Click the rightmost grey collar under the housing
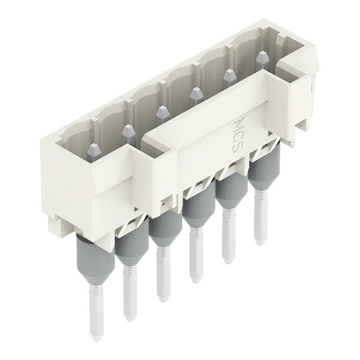tap(259, 169)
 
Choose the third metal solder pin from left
tap(162, 274)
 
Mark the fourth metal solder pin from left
tap(195, 253)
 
